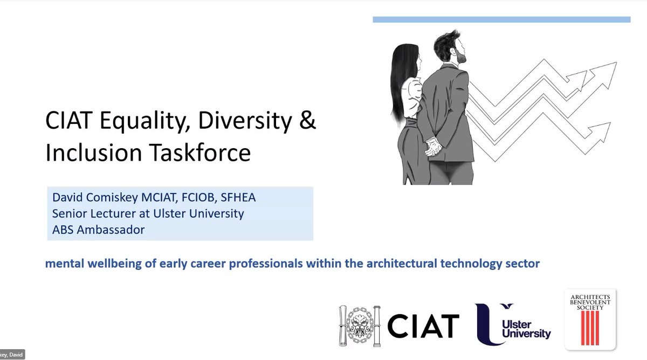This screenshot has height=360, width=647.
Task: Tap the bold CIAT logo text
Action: pyautogui.click(x=426, y=325)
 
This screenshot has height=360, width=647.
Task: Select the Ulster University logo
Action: pyautogui.click(x=513, y=323)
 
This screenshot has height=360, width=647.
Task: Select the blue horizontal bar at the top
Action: pyautogui.click(x=501, y=19)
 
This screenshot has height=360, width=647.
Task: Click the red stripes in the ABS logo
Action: pyautogui.click(x=590, y=334)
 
